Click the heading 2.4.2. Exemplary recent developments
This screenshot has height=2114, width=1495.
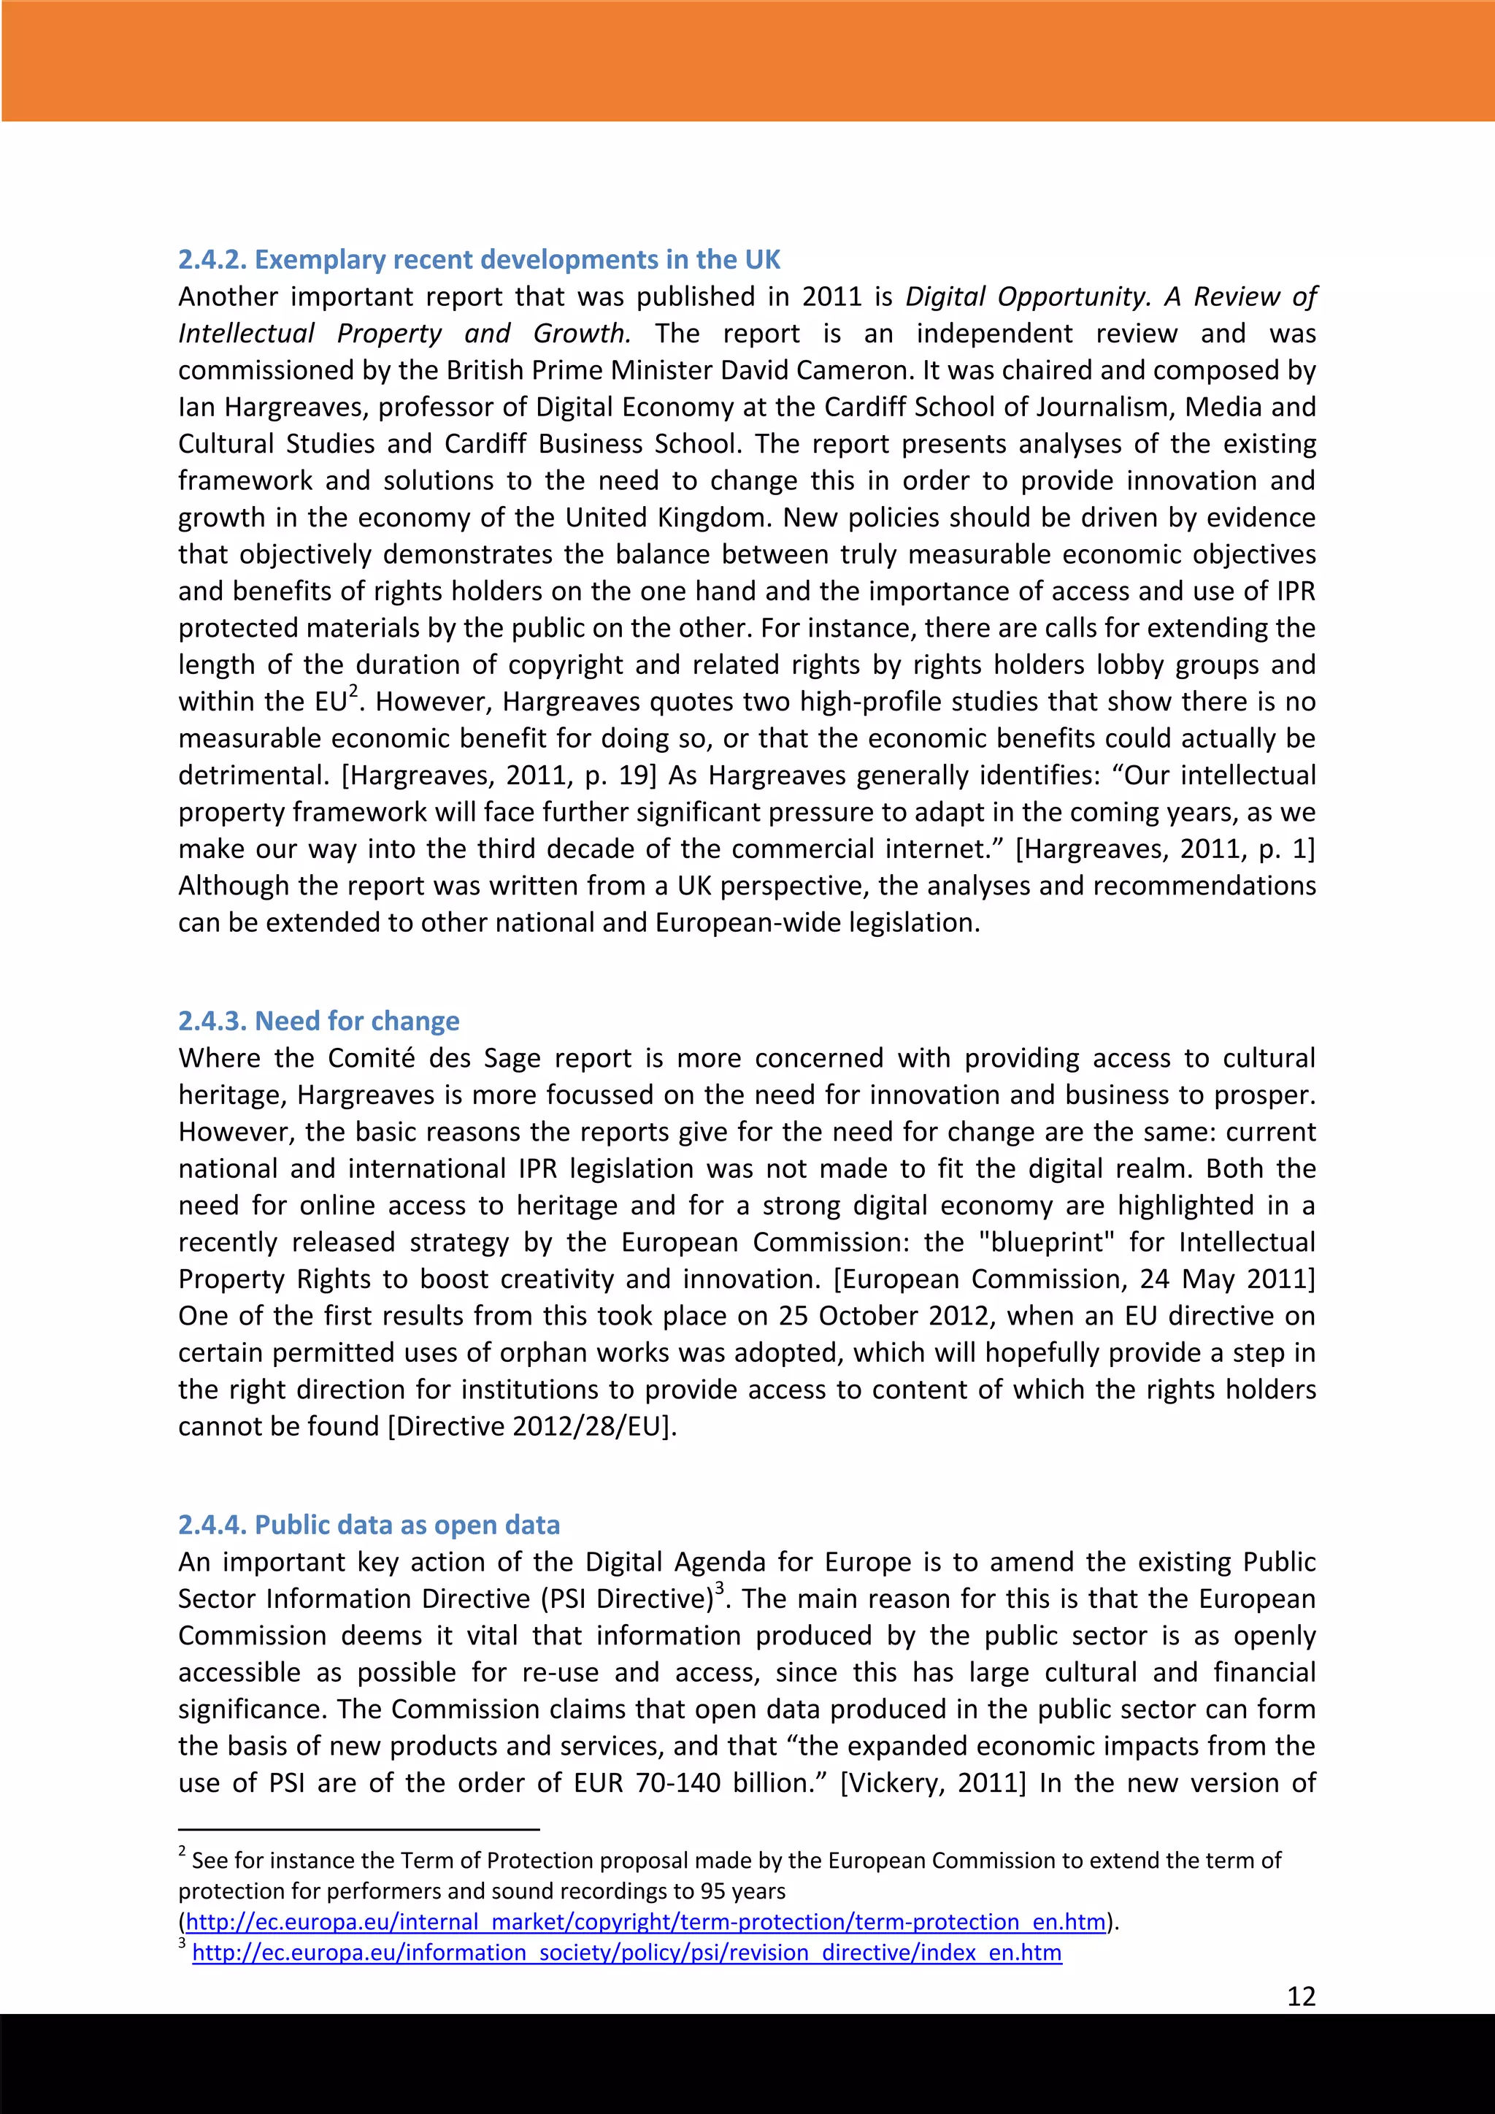479,260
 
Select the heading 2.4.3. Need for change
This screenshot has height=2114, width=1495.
318,1021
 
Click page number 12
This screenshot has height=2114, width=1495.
1301,1996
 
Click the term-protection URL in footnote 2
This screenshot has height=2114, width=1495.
645,1921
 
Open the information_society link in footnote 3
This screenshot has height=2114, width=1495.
627,1953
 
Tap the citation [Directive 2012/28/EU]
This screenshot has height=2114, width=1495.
532,1426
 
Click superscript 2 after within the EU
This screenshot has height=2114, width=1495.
353,692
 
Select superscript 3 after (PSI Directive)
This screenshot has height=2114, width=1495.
720,1589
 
